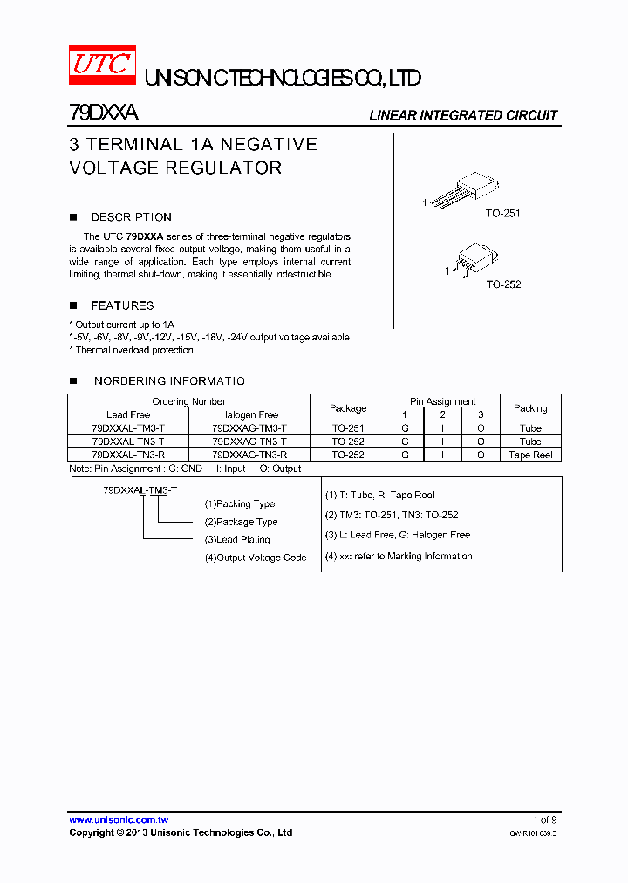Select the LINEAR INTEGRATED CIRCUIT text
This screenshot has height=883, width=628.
(x=463, y=115)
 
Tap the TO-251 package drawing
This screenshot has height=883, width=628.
(x=468, y=189)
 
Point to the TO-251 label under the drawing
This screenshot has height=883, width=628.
(x=503, y=213)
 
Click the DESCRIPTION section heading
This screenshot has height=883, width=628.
(x=131, y=217)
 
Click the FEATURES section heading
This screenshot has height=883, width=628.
(x=122, y=305)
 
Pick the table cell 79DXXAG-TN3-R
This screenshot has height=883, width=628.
(x=249, y=455)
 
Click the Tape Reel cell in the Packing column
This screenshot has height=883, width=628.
(x=530, y=455)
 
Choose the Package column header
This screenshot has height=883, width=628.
(x=348, y=408)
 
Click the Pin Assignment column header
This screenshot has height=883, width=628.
(x=443, y=401)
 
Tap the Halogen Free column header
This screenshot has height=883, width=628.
(x=249, y=414)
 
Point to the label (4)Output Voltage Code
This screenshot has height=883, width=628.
(x=255, y=558)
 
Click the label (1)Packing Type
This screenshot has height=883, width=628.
(x=239, y=503)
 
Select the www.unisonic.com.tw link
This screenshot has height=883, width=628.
(x=119, y=819)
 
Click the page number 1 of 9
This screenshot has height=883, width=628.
(x=544, y=819)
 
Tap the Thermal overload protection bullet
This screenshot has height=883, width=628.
(x=133, y=350)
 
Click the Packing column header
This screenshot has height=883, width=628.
(x=530, y=408)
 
